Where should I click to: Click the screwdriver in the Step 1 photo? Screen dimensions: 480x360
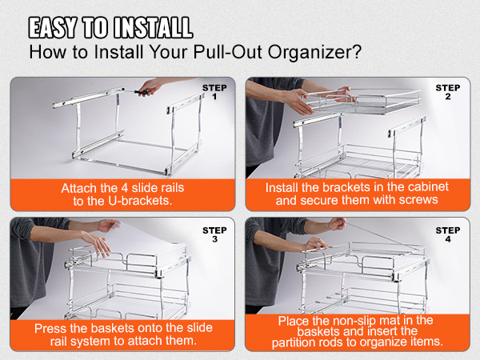138,91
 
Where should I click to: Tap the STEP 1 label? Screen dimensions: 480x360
214,92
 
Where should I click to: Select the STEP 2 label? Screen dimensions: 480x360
448,92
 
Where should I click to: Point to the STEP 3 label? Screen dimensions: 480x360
214,234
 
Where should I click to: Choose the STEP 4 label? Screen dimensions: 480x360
448,234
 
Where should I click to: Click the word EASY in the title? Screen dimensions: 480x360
53,27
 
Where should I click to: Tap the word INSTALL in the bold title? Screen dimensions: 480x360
153,27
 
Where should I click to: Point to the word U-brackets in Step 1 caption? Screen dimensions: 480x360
140,201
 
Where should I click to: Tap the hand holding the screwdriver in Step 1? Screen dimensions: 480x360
151,86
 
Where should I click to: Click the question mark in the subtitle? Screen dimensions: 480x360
357,52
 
